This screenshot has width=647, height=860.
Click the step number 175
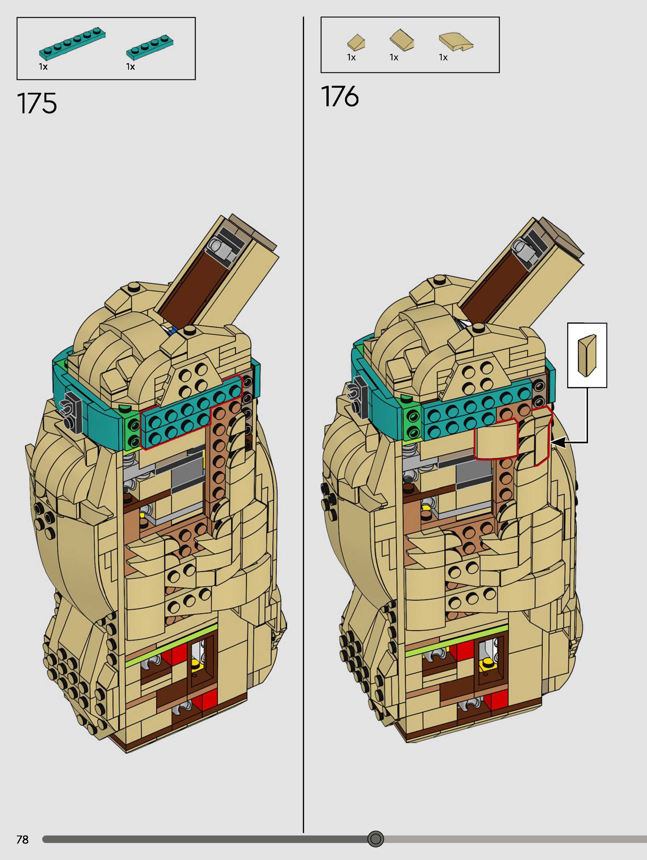coord(37,103)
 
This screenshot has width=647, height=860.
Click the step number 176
coord(340,97)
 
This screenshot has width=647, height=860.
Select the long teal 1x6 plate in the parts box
coord(72,44)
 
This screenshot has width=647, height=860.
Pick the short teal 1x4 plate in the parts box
coord(150,48)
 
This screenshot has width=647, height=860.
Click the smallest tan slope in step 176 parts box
coord(356,42)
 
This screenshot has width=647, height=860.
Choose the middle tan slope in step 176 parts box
coord(402,40)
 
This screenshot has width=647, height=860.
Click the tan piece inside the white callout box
coord(587,355)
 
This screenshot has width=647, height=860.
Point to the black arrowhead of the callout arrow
coord(557,442)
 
